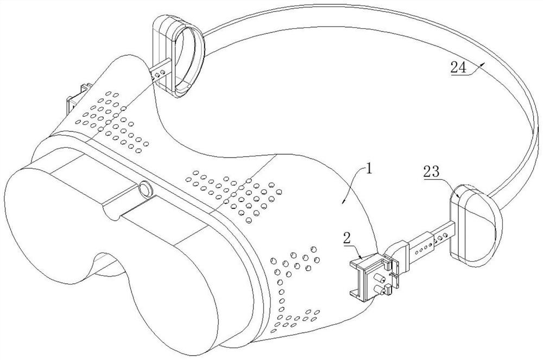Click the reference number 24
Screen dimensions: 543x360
[x=459, y=67]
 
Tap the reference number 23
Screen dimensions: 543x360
[x=431, y=172]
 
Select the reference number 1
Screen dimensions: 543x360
[x=369, y=169]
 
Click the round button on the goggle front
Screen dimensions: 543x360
[x=146, y=190]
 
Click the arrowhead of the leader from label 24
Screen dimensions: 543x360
[x=483, y=64]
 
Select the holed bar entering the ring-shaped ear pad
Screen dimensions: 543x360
[x=161, y=71]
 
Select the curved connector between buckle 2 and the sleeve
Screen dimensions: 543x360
[x=395, y=251]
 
